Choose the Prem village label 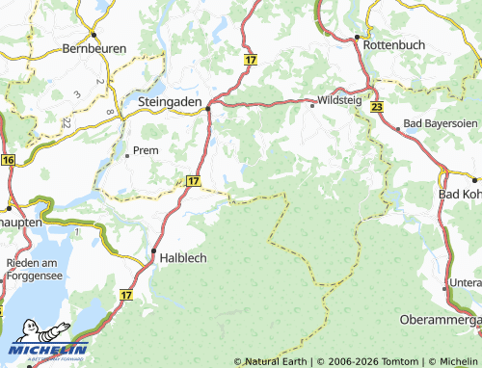click(146, 150)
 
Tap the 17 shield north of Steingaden click(251, 60)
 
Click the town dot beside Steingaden click(209, 108)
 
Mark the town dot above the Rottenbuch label click(357, 37)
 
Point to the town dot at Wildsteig click(311, 106)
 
